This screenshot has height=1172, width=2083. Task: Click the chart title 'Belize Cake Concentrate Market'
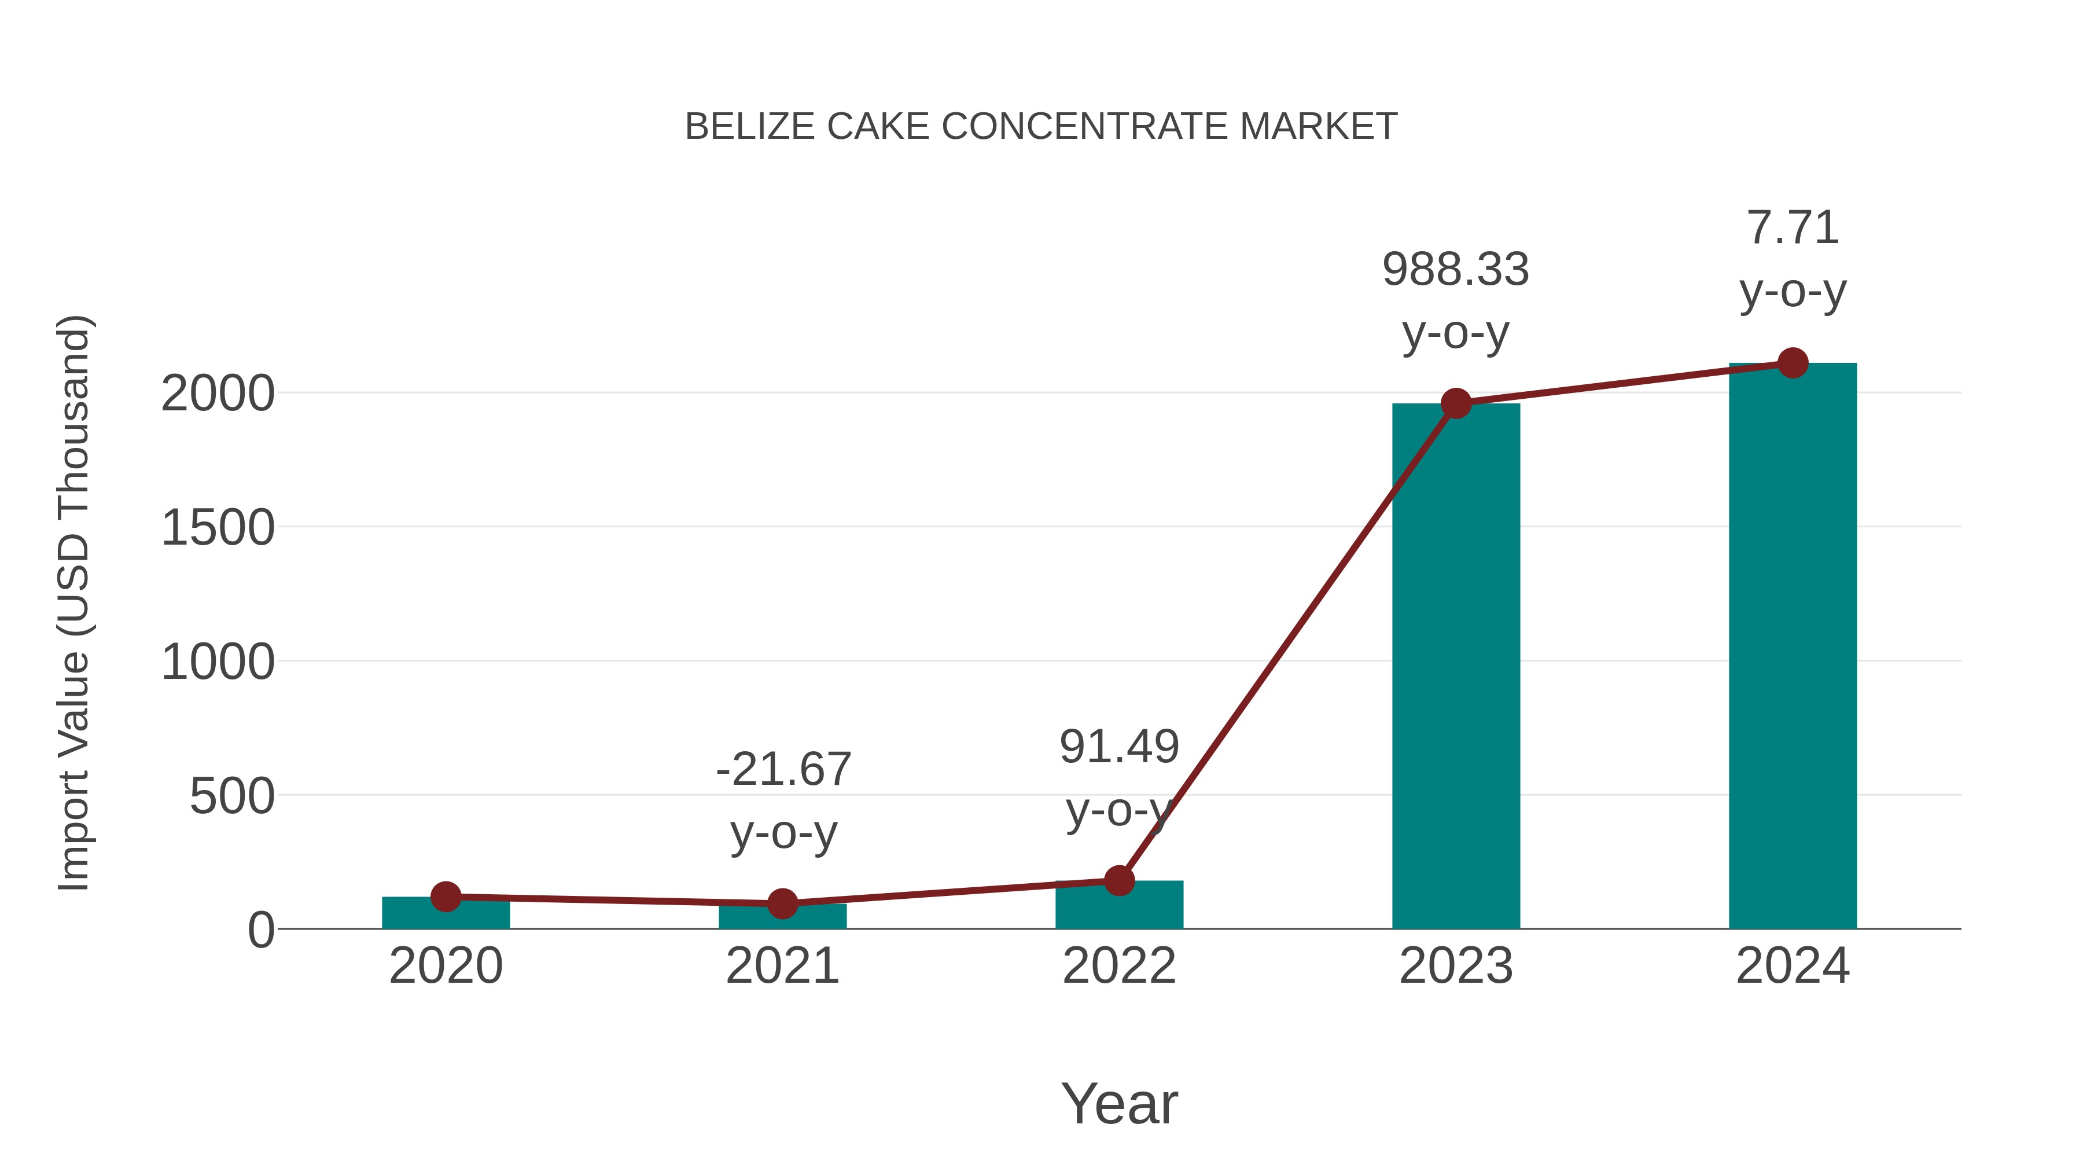(1041, 127)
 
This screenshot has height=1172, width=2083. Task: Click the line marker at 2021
(782, 903)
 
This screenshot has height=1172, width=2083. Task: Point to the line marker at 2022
(1119, 880)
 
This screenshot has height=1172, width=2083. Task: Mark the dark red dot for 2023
(1456, 403)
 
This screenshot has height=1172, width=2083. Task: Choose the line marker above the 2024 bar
(1793, 363)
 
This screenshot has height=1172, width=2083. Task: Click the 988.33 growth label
(1456, 269)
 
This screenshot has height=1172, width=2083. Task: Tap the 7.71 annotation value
(1793, 228)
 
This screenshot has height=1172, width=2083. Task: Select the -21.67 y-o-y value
(783, 769)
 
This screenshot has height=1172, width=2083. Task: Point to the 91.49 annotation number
(1119, 747)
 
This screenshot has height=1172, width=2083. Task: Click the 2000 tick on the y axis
(218, 395)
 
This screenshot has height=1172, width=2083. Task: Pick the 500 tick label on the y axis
(232, 797)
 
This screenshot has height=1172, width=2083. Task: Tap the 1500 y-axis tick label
(218, 529)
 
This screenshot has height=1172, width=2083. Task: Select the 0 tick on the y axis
(261, 930)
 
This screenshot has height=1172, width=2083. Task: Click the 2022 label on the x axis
(1119, 966)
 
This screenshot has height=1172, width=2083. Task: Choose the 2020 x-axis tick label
(446, 966)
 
